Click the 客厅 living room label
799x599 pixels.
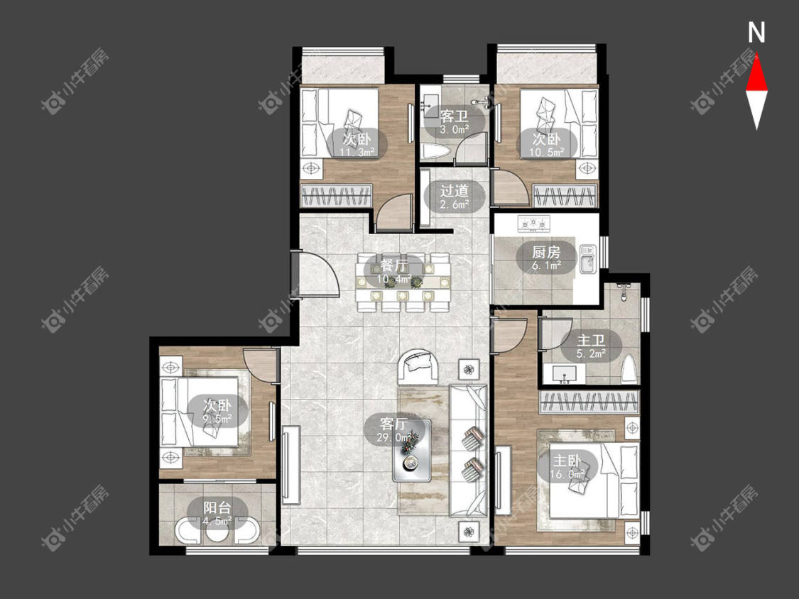click(394, 423)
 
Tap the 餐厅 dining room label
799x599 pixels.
click(394, 265)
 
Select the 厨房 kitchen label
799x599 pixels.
click(546, 252)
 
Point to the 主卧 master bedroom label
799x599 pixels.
click(567, 461)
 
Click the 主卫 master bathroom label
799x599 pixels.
click(591, 340)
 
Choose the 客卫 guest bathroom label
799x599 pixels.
click(455, 116)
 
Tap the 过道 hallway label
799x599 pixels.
click(455, 191)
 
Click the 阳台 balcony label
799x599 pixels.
click(217, 507)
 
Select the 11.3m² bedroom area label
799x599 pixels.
click(357, 152)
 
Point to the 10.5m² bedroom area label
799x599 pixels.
click(547, 152)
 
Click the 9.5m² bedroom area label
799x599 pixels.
click(217, 419)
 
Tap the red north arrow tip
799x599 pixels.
click(756, 53)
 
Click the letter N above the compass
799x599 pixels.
click(756, 33)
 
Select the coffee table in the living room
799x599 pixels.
click(412, 450)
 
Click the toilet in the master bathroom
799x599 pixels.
click(630, 368)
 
